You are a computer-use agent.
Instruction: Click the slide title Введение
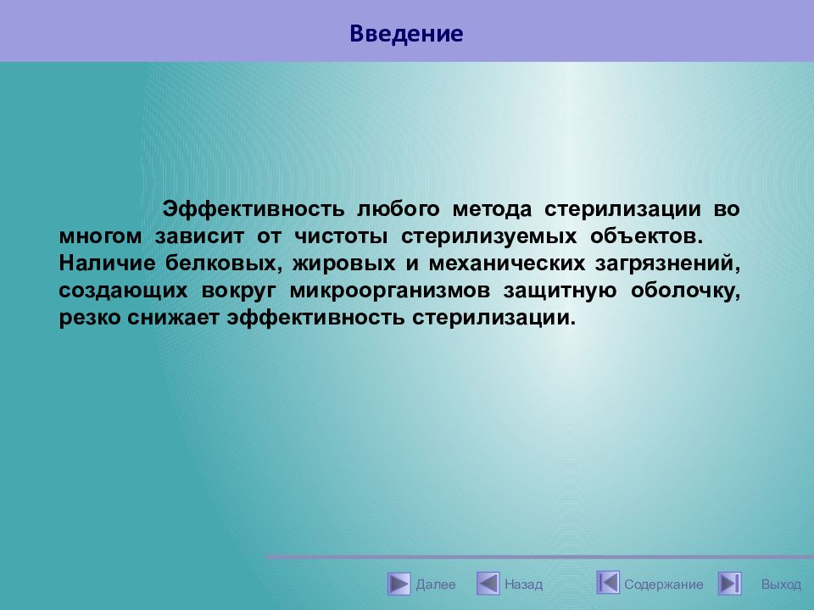click(x=406, y=34)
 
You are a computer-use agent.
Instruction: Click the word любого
click(x=399, y=209)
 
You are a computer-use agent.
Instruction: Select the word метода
click(x=492, y=209)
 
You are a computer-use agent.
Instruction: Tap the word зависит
click(x=199, y=236)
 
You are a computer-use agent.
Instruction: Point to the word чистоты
click(x=341, y=236)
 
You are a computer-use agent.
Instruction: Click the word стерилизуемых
click(x=488, y=236)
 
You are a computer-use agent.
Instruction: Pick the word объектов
click(x=646, y=236)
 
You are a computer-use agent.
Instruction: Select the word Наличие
click(x=107, y=263)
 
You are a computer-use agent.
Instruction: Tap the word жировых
click(x=343, y=263)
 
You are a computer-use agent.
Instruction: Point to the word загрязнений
click(x=667, y=263)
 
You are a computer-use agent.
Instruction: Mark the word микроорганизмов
click(x=390, y=291)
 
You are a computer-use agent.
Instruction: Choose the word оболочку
click(x=685, y=291)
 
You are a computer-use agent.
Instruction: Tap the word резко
click(x=89, y=318)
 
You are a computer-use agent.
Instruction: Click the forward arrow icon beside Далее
click(x=399, y=584)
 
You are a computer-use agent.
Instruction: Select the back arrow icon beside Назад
click(x=488, y=584)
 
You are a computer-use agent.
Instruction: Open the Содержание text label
click(x=663, y=585)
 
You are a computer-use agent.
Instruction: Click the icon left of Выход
click(x=730, y=584)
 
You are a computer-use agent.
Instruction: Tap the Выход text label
click(x=781, y=585)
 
